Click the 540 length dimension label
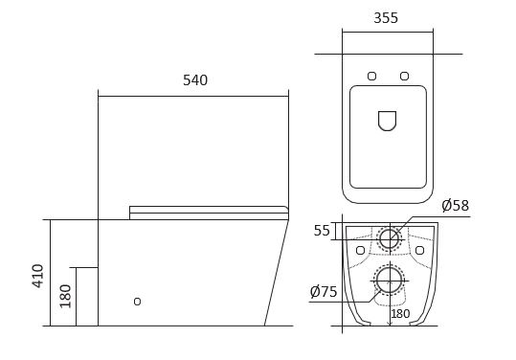(x=195, y=80)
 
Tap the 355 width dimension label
(x=386, y=18)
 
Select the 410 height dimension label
(x=38, y=276)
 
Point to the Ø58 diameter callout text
(x=456, y=206)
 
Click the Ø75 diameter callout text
(x=324, y=292)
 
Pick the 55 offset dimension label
(x=322, y=231)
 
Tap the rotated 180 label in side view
(x=65, y=296)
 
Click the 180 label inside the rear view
(x=400, y=314)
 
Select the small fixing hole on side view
(x=137, y=302)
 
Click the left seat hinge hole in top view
(x=371, y=76)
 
